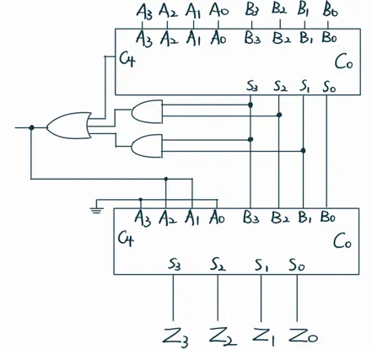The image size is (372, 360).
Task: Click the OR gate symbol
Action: [x=69, y=126]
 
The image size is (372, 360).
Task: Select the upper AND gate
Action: [x=147, y=111]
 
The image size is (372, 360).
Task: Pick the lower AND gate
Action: [x=147, y=146]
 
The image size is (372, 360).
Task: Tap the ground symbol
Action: [x=96, y=210]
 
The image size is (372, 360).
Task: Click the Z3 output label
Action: [x=175, y=337]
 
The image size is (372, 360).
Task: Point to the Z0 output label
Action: [x=303, y=336]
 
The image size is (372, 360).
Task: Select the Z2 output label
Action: [x=223, y=336]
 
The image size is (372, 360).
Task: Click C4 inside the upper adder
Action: [x=127, y=60]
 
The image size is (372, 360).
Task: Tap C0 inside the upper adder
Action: [x=343, y=62]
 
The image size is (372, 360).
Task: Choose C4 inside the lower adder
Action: [x=126, y=239]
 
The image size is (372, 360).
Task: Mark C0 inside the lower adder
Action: [x=342, y=242]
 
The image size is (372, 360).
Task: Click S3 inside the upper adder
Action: [x=252, y=86]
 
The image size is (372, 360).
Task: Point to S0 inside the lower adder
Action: [x=297, y=266]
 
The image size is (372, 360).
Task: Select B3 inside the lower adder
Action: [x=251, y=218]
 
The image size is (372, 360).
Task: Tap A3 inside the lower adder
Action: [x=143, y=218]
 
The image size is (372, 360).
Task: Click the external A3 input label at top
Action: [x=144, y=13]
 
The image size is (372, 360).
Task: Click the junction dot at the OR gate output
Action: [x=32, y=127]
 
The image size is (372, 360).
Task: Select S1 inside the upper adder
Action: [x=304, y=86]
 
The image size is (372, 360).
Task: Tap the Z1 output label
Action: [x=263, y=336]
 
